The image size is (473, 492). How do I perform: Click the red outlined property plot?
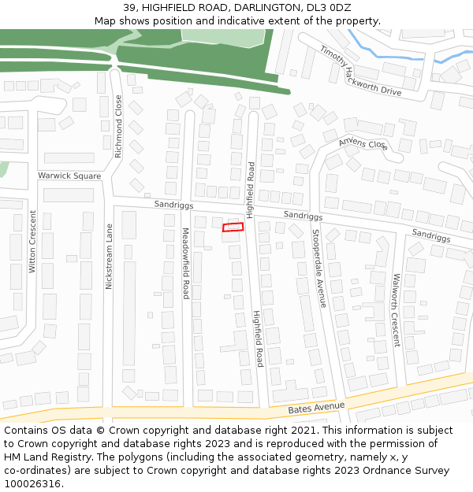(x=233, y=228)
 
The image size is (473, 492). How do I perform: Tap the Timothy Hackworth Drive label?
(x=360, y=71)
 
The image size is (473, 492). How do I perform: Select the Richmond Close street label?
(x=119, y=127)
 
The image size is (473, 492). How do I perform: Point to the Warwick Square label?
(x=69, y=176)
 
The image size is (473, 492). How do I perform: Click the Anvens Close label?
(x=363, y=144)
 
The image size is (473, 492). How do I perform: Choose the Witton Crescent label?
(x=32, y=242)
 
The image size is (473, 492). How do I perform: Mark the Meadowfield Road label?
(x=186, y=263)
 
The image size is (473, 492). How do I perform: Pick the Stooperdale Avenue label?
(x=318, y=268)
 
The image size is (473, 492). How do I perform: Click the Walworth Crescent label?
(x=396, y=310)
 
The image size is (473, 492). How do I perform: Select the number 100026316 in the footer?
(x=32, y=483)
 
